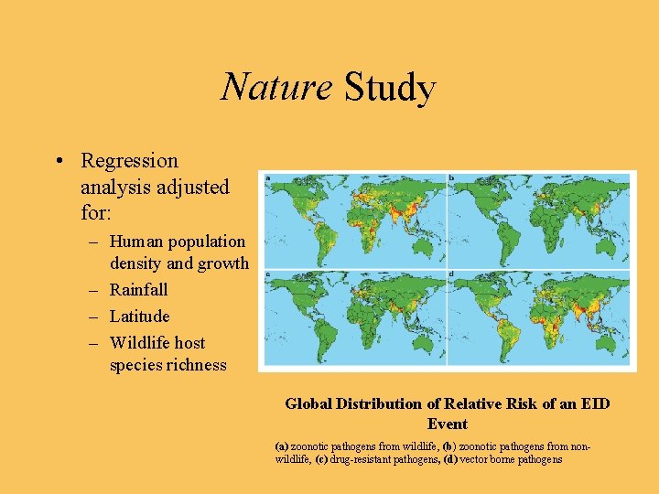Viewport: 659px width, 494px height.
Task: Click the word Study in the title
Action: tap(389, 88)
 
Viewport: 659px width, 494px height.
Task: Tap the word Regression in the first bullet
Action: tap(129, 161)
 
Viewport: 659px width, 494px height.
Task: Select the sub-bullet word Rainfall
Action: tap(138, 290)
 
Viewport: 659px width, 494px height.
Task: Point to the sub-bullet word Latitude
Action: tap(139, 317)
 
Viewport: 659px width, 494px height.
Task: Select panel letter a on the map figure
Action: tap(266, 177)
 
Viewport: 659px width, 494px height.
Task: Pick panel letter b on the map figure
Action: tap(452, 177)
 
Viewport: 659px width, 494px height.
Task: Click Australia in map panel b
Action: tap(609, 242)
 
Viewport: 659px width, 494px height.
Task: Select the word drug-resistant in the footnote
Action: tap(362, 459)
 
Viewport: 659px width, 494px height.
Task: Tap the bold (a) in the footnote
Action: tap(282, 446)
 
